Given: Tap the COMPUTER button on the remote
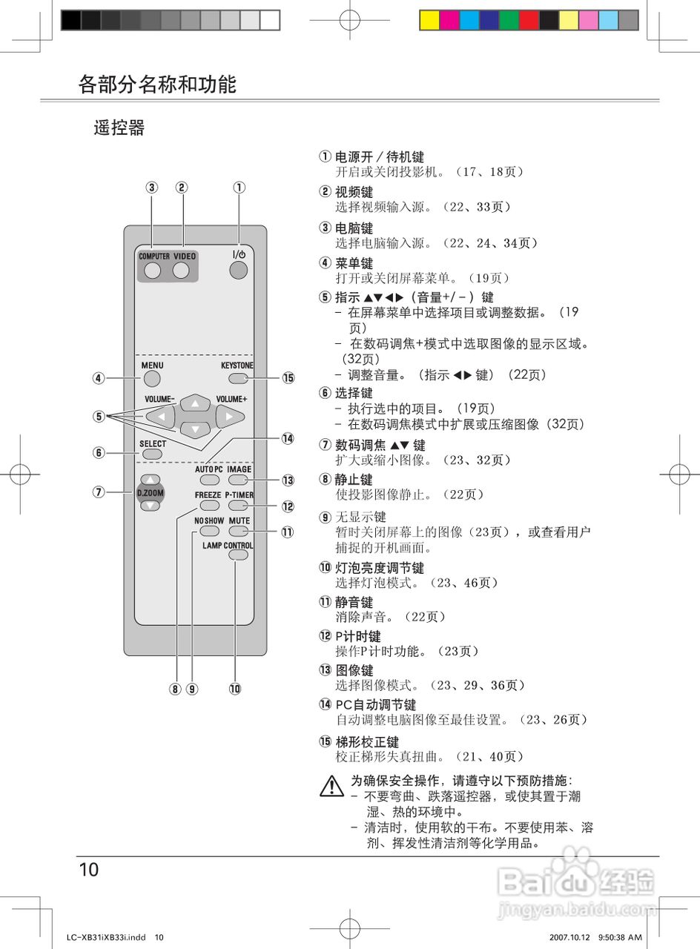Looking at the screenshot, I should [x=153, y=271].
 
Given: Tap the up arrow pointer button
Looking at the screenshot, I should [x=195, y=404].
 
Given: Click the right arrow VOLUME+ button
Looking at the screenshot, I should [x=230, y=417].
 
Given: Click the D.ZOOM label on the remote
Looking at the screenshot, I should [x=151, y=493].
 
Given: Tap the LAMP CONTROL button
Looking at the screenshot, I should [x=237, y=558].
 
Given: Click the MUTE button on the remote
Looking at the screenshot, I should [x=238, y=532].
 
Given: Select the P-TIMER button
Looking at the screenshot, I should [x=238, y=506].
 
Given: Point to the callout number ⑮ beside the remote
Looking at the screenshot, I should [x=288, y=378].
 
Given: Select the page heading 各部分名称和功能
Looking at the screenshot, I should [x=157, y=84].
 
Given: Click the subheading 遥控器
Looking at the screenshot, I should [x=119, y=128].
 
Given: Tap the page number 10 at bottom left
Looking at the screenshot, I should [x=88, y=870].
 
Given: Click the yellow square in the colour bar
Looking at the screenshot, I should [x=429, y=20].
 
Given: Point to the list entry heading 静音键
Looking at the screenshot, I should [x=354, y=603].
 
